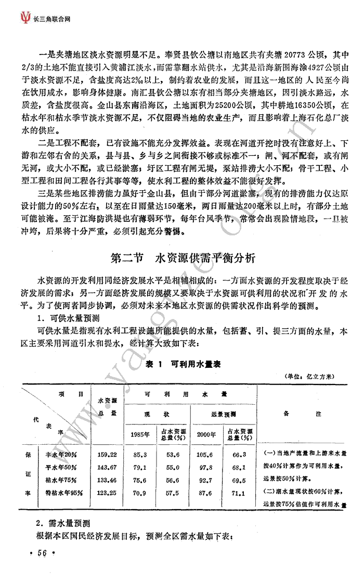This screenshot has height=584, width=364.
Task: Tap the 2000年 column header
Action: point(207,435)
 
